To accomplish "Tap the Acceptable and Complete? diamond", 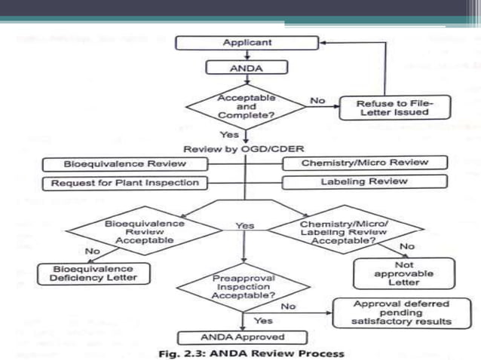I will tap(247, 107).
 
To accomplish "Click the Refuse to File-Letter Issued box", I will tap(394, 107).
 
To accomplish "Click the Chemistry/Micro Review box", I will tap(364, 162).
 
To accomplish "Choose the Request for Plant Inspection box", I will tap(124, 182).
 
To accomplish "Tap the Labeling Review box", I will tap(364, 181).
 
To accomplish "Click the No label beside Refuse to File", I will tap(317, 99).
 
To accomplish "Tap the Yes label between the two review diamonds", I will tap(245, 225).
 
